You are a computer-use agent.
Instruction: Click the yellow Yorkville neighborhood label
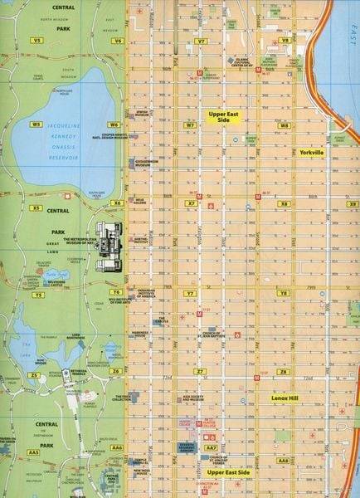313,154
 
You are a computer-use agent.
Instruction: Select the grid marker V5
36,40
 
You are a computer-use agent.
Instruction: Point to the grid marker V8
285,40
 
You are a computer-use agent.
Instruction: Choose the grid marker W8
285,125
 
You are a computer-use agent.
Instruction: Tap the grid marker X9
353,203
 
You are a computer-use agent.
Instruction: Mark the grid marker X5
36,208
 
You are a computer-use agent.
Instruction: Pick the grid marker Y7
190,294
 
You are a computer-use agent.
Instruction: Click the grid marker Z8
283,371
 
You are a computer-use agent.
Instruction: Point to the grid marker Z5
34,375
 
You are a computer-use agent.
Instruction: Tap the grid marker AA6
117,447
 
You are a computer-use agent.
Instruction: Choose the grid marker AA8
283,460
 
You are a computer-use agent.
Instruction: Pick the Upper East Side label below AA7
228,471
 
